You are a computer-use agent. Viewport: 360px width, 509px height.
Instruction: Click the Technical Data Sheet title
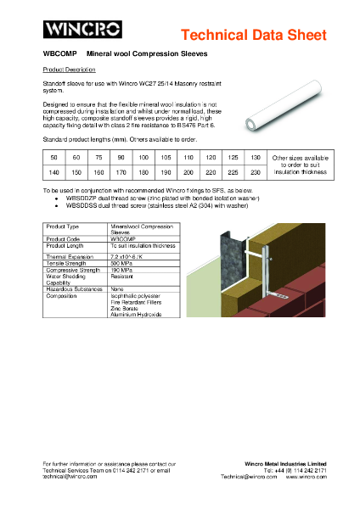click(254, 35)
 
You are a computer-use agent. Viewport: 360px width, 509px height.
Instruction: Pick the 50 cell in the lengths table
click(53, 158)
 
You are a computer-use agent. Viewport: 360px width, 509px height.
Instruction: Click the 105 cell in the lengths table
click(166, 158)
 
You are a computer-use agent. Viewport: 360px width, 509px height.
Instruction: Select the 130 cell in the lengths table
click(256, 158)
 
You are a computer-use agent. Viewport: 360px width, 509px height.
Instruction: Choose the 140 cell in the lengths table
click(53, 171)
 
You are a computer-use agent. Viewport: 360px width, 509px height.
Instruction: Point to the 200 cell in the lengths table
click(188, 171)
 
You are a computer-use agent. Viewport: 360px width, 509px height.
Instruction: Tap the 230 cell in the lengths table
click(256, 171)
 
